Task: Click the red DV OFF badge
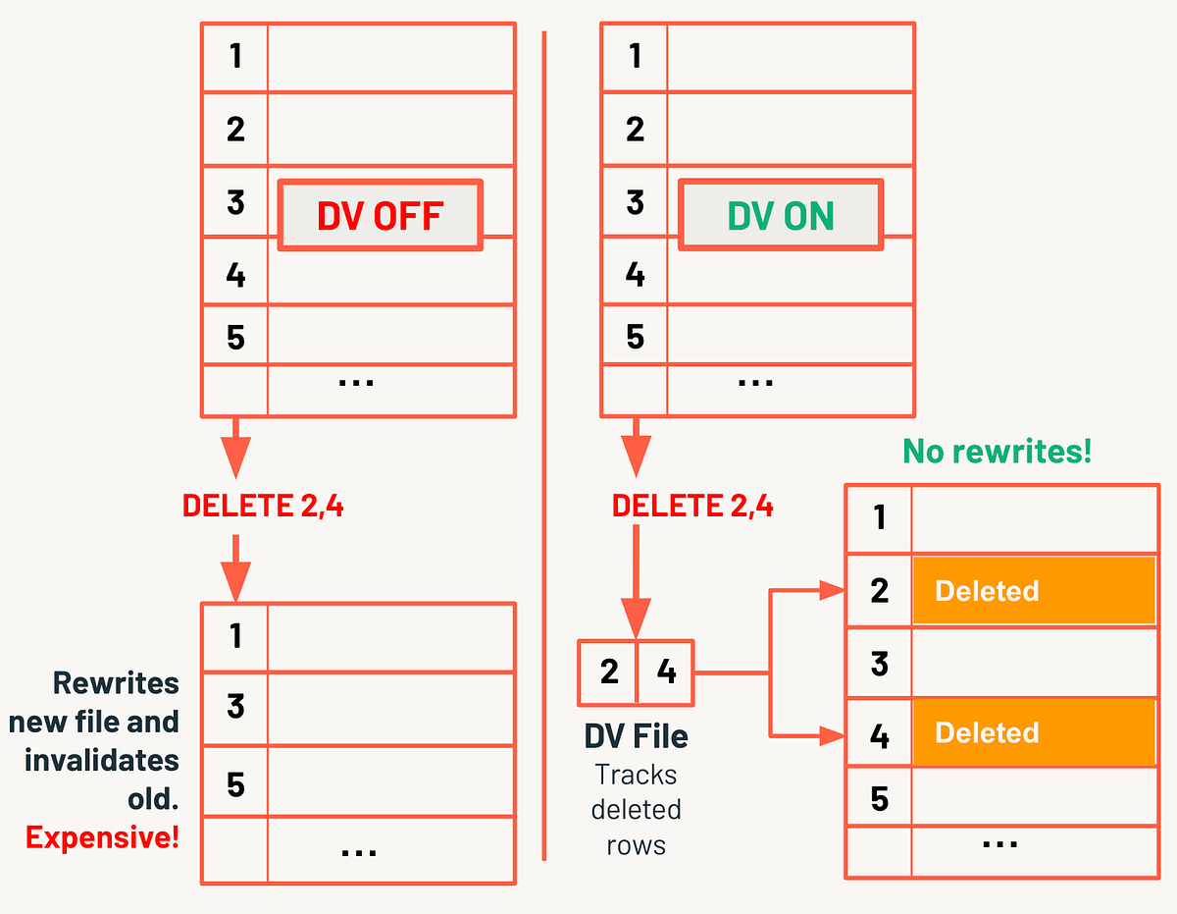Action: [381, 215]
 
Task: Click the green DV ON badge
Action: [781, 215]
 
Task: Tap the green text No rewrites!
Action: [997, 452]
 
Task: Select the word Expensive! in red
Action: [102, 837]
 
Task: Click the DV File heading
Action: [636, 736]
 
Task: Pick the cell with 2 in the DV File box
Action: [609, 672]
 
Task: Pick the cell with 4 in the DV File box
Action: [666, 672]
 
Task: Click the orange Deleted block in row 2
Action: [1034, 591]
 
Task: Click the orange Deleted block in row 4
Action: [1034, 732]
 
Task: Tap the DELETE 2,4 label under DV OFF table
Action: [263, 506]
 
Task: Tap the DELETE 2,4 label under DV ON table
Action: [692, 506]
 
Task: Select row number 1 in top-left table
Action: [235, 57]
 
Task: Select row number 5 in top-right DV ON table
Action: [635, 338]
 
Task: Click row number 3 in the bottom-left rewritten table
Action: [235, 707]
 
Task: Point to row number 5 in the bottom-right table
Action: [879, 799]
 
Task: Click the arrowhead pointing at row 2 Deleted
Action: [833, 591]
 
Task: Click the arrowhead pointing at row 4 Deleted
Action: [833, 732]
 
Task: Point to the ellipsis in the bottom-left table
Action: [358, 851]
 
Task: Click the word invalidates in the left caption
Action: [102, 760]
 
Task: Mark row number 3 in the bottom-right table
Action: [879, 664]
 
